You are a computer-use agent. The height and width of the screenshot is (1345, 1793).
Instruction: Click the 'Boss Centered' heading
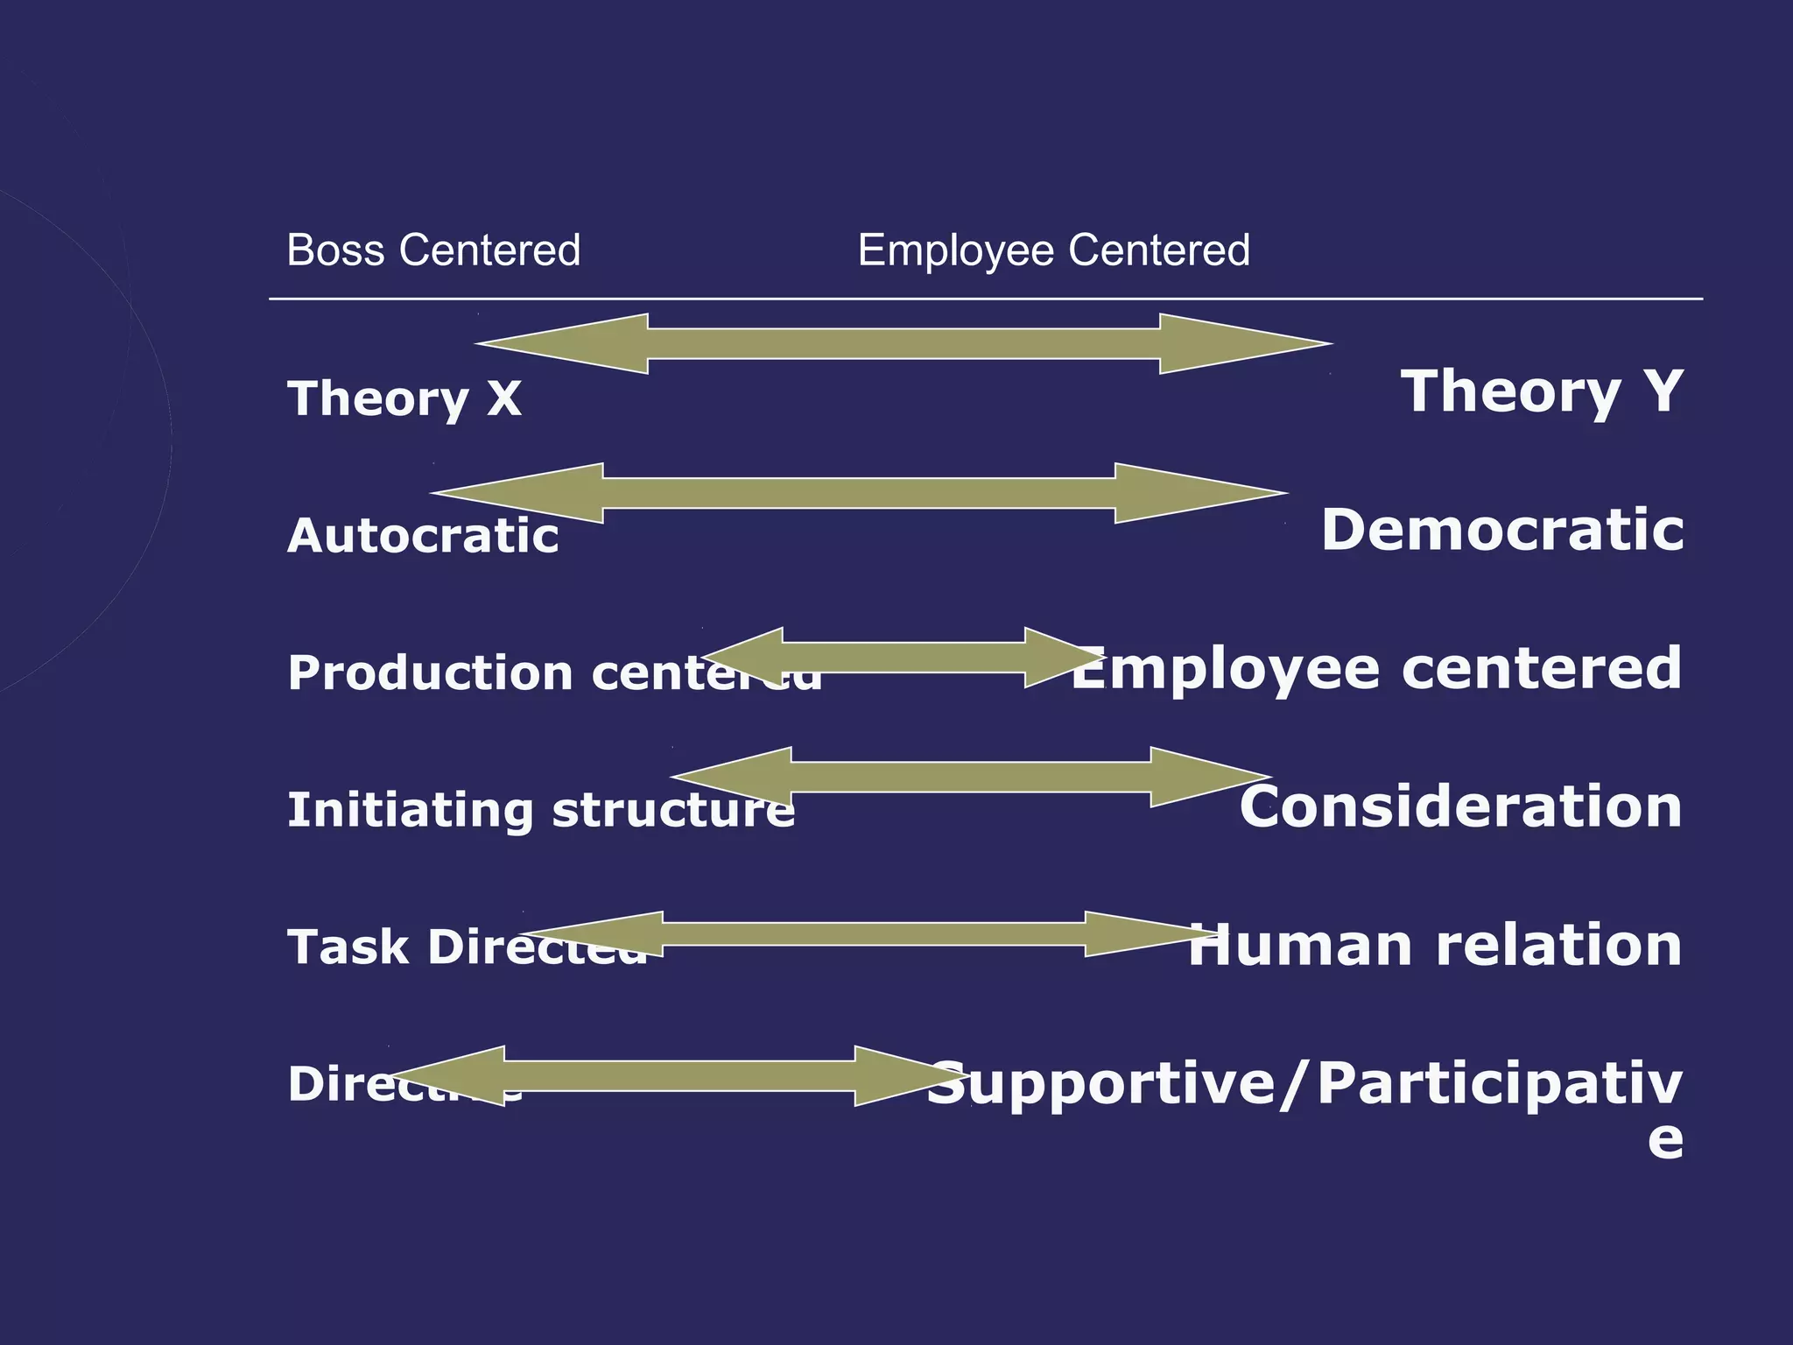(433, 250)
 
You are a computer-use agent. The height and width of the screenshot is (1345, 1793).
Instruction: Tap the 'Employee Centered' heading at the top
(1053, 250)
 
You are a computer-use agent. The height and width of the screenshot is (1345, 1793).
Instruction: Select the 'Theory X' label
(404, 398)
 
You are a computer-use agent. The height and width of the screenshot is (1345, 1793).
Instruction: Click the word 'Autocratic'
(423, 535)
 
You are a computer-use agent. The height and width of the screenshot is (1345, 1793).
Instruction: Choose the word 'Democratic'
(1502, 531)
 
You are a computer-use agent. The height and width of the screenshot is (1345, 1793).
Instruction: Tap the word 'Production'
(430, 673)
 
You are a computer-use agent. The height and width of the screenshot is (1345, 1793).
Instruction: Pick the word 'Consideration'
(1460, 806)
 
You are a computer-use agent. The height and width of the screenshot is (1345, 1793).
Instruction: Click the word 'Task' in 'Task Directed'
(348, 947)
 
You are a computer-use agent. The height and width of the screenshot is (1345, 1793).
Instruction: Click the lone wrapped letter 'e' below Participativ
(1665, 1139)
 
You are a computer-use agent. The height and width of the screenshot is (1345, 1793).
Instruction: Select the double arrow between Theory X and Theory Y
(904, 343)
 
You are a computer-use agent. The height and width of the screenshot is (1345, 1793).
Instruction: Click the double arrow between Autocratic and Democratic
(859, 493)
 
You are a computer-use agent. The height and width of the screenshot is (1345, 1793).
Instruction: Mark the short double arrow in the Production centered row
(904, 658)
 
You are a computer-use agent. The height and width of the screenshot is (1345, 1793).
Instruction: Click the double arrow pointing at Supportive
(679, 1075)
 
